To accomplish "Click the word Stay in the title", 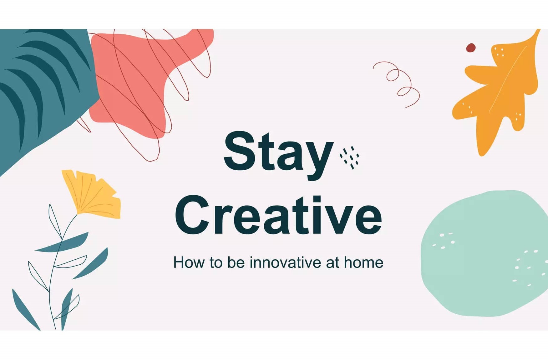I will (278, 153).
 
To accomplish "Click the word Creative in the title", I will (278, 216).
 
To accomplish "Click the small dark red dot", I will (471, 48).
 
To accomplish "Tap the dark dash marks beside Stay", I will (350, 157).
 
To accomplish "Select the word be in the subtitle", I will (236, 262).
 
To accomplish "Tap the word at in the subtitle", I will (332, 262).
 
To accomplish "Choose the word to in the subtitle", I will (216, 262).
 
